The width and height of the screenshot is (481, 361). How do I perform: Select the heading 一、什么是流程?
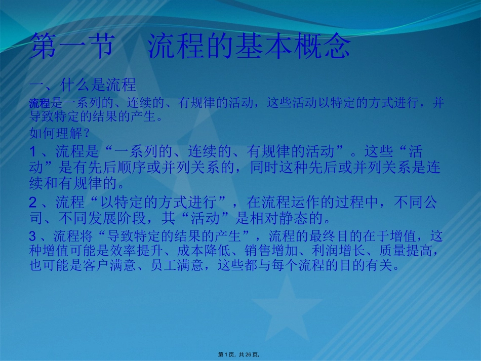point(83,84)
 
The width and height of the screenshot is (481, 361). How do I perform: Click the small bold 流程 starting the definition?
point(39,104)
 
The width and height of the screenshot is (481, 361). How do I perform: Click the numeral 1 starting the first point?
point(33,151)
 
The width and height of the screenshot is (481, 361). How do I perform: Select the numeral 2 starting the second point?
point(33,204)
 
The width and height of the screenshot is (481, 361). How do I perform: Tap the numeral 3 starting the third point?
point(33,236)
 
